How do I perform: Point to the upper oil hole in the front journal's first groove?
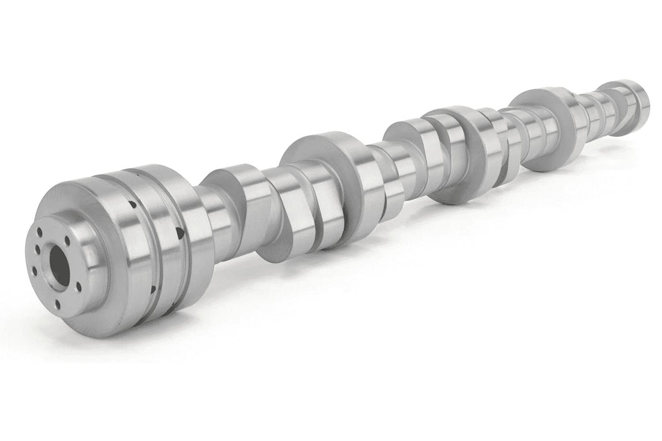(x=131, y=204)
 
